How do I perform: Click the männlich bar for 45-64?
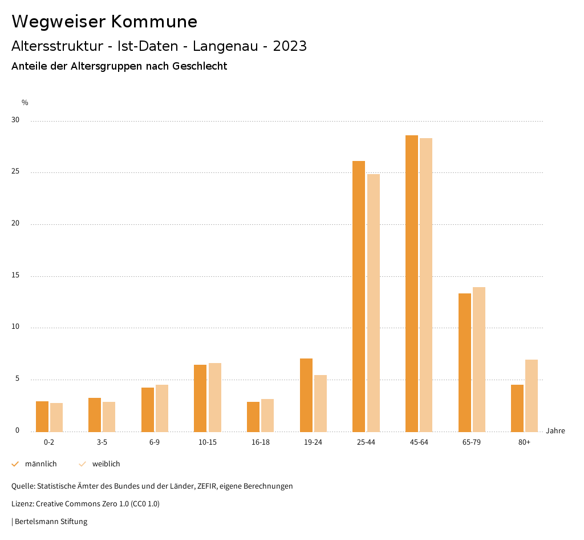pos(412,284)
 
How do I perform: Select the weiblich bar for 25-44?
pos(374,303)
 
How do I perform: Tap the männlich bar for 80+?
pos(517,408)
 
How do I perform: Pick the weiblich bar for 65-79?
pos(479,360)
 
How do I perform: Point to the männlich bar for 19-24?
pos(306,395)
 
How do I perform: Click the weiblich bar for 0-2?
pos(56,417)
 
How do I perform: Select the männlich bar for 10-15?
pos(200,398)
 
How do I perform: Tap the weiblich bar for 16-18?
pos(267,416)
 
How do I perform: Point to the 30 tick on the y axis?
pos(15,120)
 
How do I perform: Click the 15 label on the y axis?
pos(15,276)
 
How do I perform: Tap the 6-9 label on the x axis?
pos(155,442)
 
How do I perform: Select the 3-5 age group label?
pos(102,442)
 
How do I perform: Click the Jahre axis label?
pos(555,431)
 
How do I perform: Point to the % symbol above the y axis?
pos(25,103)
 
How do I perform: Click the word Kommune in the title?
pos(154,22)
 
